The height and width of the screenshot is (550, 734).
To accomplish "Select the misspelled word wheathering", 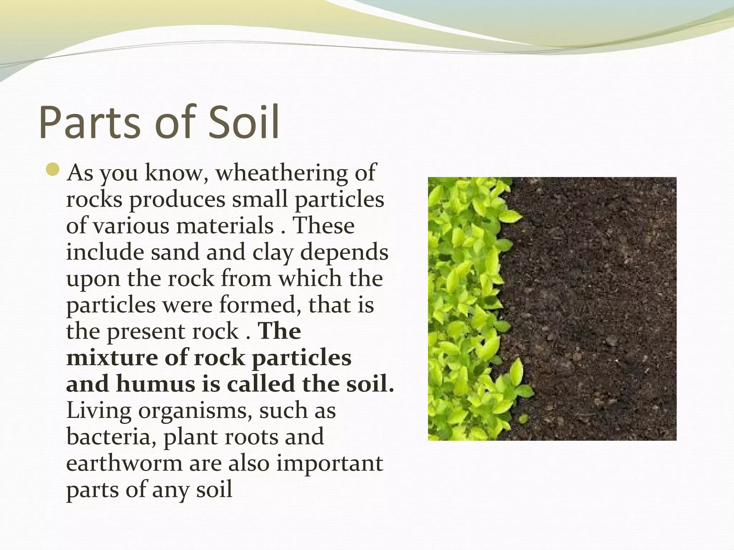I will tap(281, 173).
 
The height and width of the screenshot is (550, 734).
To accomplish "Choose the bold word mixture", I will tap(112, 357).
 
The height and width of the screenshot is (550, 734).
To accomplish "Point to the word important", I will tap(330, 464).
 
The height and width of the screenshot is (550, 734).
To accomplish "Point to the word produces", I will tap(178, 199).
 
